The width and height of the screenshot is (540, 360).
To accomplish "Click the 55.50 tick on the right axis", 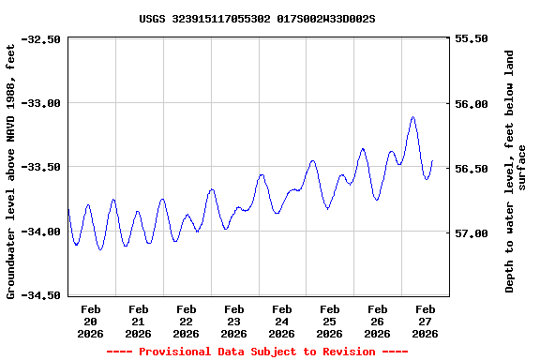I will (x=471, y=39).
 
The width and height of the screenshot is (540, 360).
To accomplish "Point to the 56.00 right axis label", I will (x=471, y=104).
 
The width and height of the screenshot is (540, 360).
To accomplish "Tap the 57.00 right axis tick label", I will (x=471, y=233).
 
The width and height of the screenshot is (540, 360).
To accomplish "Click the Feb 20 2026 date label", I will (x=91, y=321).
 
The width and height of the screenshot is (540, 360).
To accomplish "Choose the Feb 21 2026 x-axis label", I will (x=139, y=321).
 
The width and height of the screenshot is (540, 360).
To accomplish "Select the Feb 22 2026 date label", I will (x=187, y=321).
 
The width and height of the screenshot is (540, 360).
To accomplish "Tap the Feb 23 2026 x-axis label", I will (x=234, y=321).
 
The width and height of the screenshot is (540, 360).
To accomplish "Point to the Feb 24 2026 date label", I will (x=282, y=321).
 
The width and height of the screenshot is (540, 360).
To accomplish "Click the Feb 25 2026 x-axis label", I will (x=330, y=321).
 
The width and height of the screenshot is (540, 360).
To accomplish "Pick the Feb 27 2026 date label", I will (x=426, y=321).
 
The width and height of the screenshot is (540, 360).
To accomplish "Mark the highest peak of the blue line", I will (x=412, y=117).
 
